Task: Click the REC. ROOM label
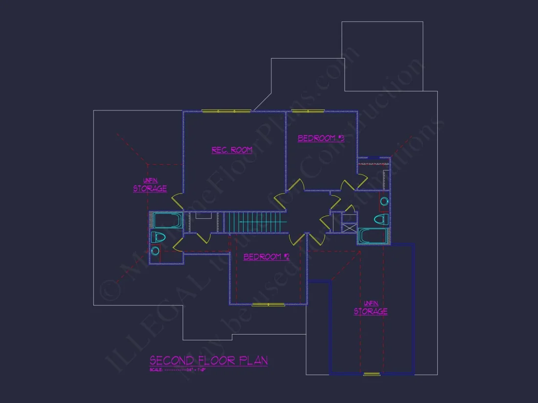(x=232, y=150)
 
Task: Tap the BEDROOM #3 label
(x=321, y=138)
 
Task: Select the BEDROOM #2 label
(x=267, y=256)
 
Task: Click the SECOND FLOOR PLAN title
(x=208, y=361)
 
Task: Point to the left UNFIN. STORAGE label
(x=150, y=186)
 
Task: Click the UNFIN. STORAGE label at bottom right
(x=371, y=309)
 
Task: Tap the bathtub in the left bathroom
(x=168, y=220)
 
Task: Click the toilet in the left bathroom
(x=158, y=238)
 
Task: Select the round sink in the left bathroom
(x=155, y=251)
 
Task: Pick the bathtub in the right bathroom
(x=373, y=236)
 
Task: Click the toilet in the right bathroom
(x=381, y=219)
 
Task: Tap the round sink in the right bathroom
(x=384, y=201)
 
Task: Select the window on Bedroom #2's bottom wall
(x=268, y=305)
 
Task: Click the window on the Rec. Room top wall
(x=226, y=111)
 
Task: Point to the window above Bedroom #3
(x=308, y=111)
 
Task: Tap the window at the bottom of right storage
(x=371, y=374)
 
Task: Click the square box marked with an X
(x=349, y=228)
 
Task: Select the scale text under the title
(x=178, y=369)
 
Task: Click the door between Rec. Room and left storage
(x=176, y=200)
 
